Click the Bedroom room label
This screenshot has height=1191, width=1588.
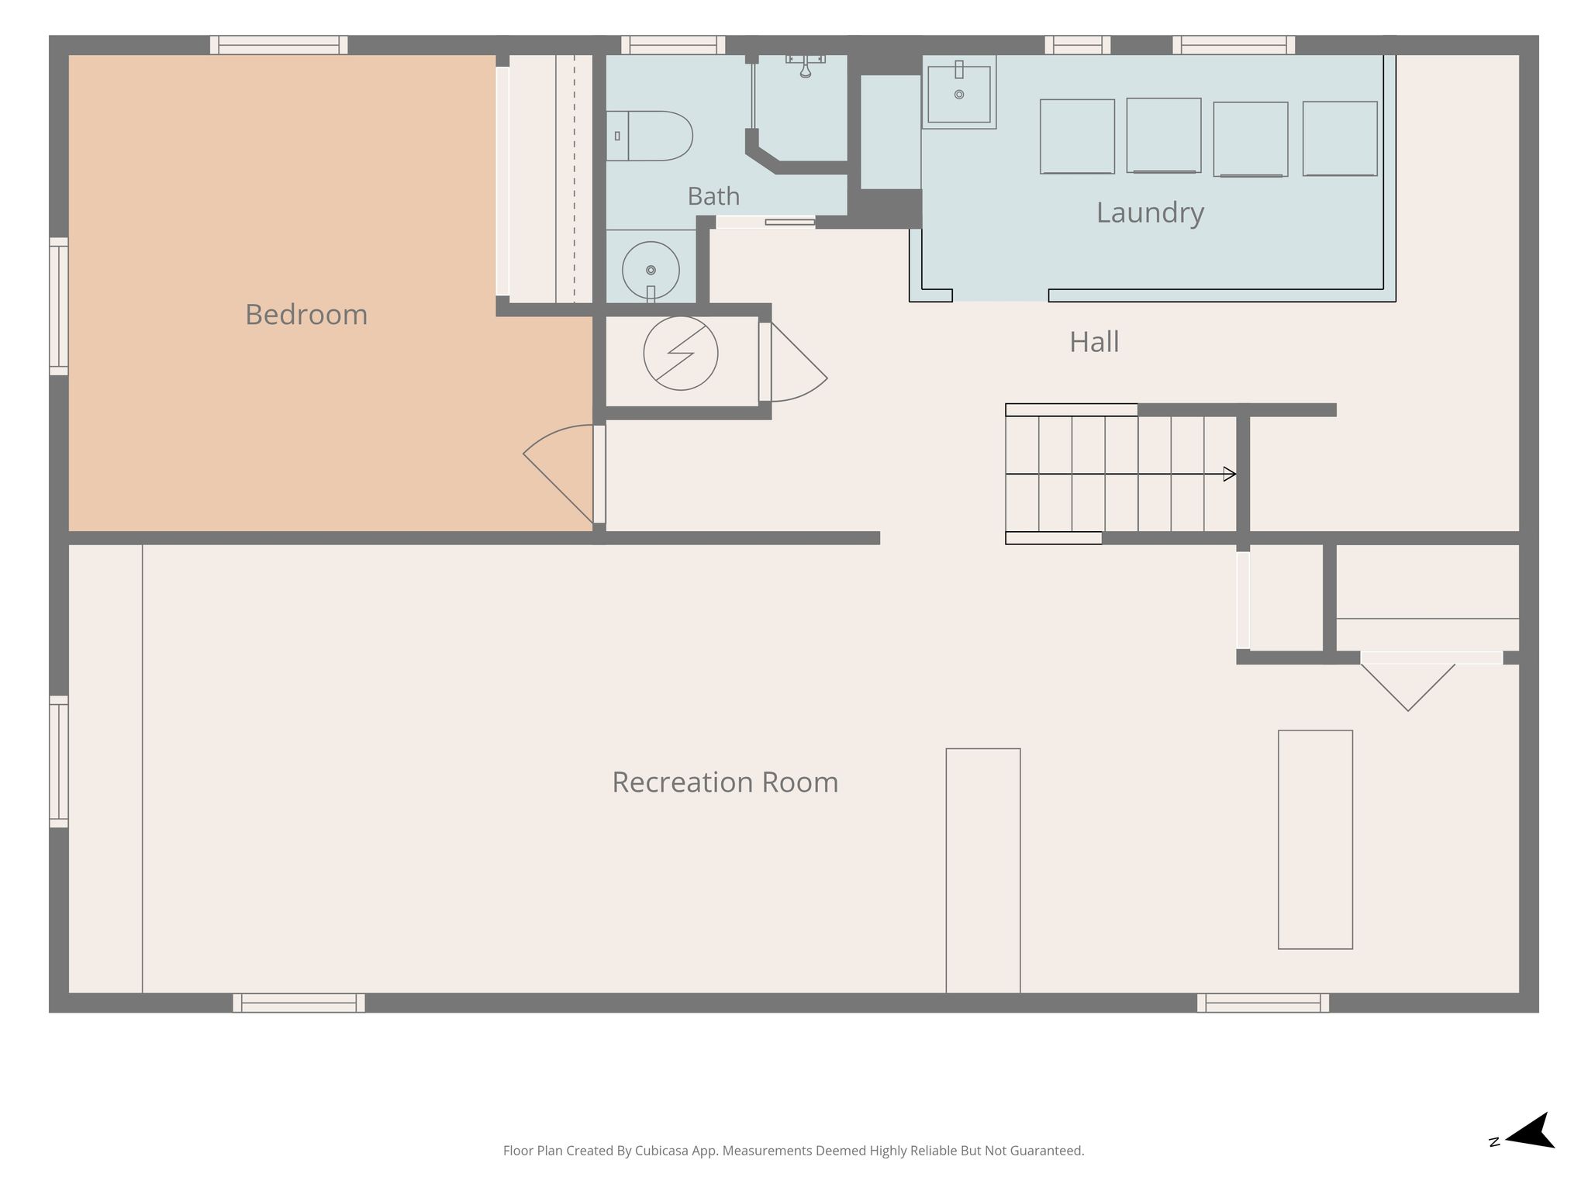point(306,315)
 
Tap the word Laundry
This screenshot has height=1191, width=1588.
point(1150,213)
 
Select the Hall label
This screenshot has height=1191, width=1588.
point(1094,342)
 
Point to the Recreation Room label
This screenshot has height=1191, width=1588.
point(725,782)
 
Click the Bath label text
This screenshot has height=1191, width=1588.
point(713,196)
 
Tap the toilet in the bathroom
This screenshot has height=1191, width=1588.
point(649,136)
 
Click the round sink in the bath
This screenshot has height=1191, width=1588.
point(651,270)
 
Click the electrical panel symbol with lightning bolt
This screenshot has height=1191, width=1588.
point(681,353)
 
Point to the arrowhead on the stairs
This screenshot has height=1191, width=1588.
point(1230,474)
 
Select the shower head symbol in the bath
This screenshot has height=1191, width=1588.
point(806,66)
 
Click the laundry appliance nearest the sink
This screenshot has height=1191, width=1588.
point(1077,136)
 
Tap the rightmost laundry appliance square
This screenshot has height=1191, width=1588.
point(1340,138)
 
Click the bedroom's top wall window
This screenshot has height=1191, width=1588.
point(278,45)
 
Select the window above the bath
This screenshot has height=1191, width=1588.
point(672,45)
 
